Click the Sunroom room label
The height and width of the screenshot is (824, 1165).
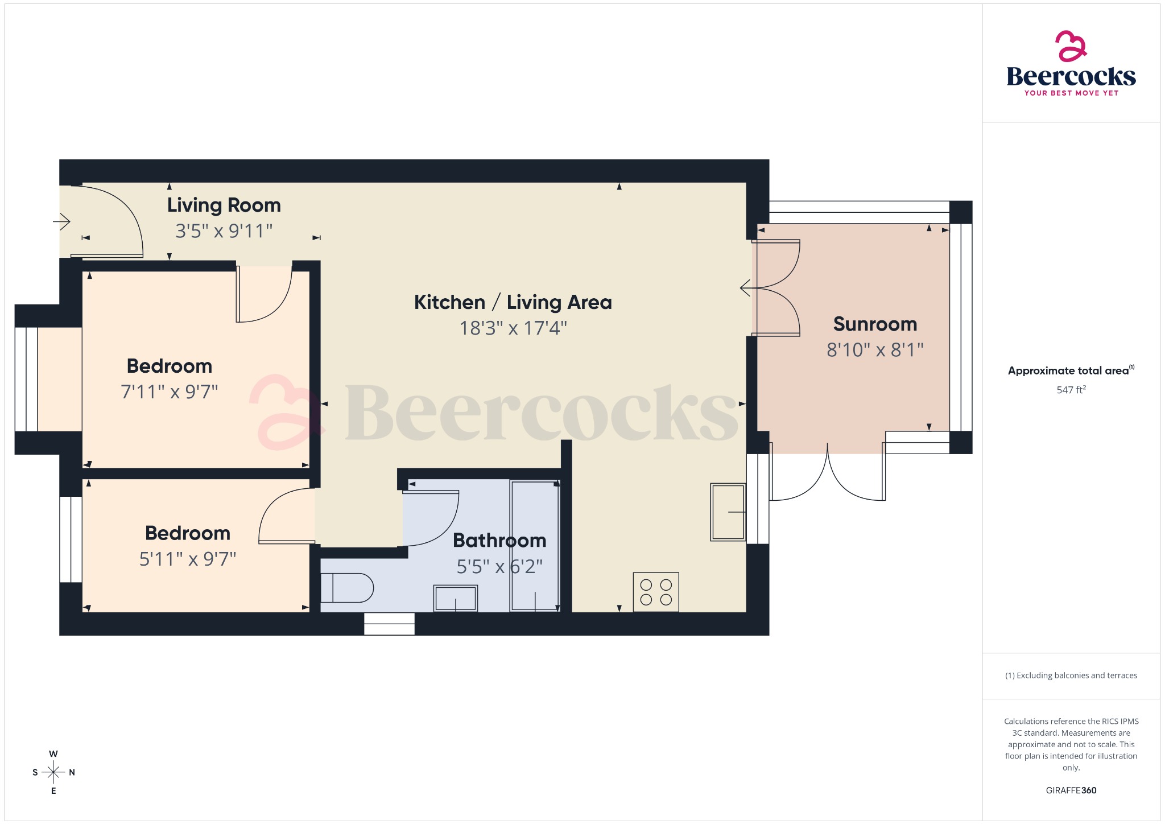pos(875,324)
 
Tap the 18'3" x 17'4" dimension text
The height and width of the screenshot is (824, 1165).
pos(513,328)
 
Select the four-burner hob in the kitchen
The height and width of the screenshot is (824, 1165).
pos(656,592)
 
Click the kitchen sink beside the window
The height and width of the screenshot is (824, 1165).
pos(728,512)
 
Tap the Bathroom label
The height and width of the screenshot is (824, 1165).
pos(499,540)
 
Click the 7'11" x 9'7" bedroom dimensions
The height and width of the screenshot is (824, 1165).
pos(170,392)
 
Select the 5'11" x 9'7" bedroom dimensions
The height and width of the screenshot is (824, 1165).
pos(188,559)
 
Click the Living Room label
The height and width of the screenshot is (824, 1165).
pos(224,205)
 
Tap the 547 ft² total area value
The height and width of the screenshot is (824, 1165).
pos(1071,390)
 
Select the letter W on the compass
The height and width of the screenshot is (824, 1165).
pos(53,754)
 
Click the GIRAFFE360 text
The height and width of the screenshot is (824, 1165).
pos(1071,790)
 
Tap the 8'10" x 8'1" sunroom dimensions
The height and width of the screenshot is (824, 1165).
pos(875,350)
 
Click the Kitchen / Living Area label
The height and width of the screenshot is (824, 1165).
pos(513,302)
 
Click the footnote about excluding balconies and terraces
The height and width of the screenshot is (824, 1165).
pos(1071,675)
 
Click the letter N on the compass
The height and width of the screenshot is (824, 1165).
pos(72,772)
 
